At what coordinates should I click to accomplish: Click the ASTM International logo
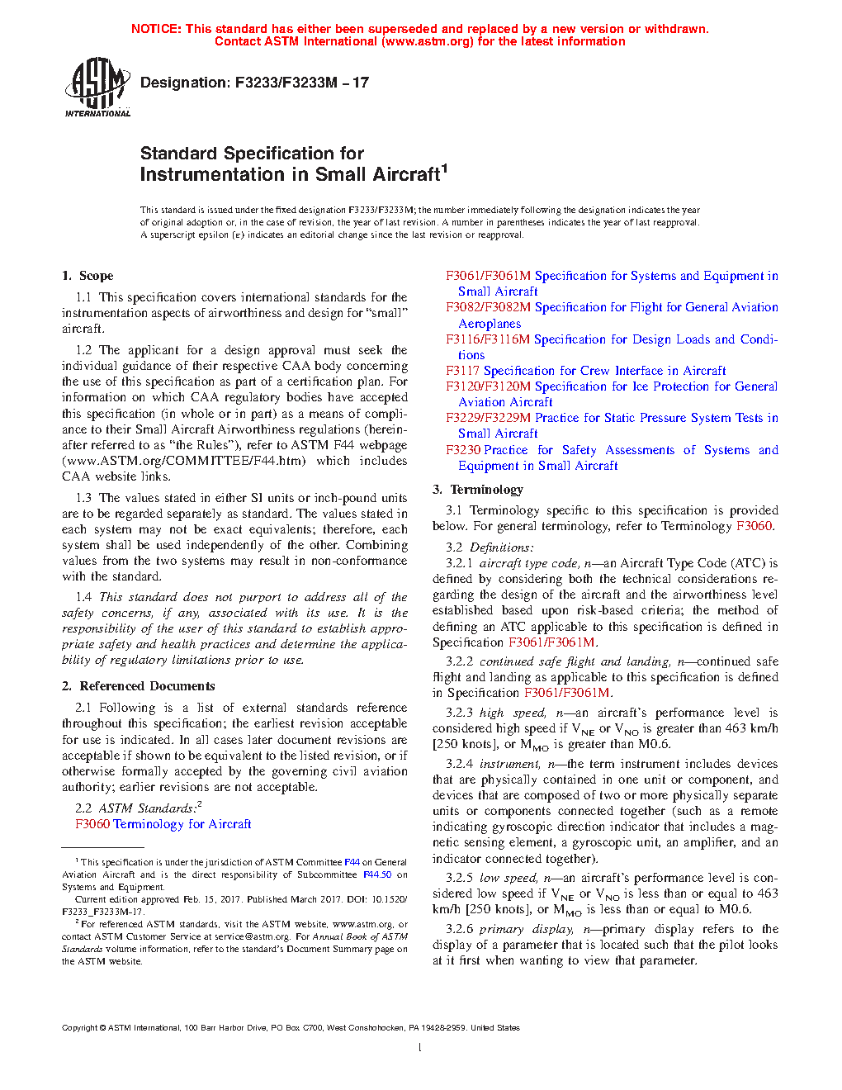pos(97,87)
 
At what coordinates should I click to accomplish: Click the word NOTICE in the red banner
pos(156,29)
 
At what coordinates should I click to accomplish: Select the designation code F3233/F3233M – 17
pos(302,83)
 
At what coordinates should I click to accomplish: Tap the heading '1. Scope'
pos(88,276)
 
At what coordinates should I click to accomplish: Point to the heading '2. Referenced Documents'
pos(138,686)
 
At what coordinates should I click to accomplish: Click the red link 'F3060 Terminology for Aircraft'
pos(163,824)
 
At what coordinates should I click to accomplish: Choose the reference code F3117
pos(462,371)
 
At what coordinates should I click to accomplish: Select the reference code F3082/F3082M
pos(488,307)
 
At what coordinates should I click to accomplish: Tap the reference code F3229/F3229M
pos(488,418)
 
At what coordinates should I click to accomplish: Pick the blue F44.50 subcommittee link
pos(377,874)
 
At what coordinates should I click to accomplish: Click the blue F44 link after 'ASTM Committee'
pos(352,862)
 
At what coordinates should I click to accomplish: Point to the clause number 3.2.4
pos(459,764)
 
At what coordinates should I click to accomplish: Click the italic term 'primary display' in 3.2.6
pos(526,929)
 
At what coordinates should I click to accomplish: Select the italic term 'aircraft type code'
pos(529,563)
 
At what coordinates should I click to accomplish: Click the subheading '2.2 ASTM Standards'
pos(136,808)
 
